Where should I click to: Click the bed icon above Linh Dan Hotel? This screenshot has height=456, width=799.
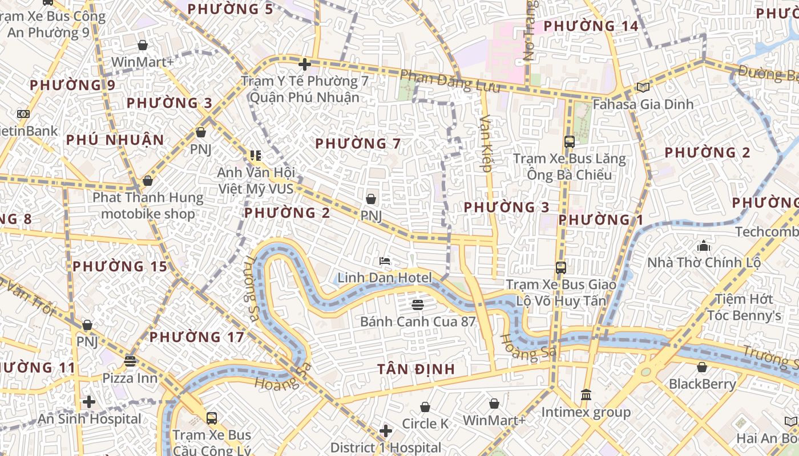coord(385,261)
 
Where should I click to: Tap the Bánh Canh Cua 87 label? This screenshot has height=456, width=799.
coord(418,321)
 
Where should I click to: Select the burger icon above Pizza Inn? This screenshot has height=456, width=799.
coord(130,361)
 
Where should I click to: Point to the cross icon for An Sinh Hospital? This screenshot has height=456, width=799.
coord(88,402)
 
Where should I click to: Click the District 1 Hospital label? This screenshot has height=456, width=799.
coord(386,447)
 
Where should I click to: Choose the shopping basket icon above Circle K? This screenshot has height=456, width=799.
coord(425,407)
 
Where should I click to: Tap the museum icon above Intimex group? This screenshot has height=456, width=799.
coord(586,394)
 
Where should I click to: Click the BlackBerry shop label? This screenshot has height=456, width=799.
coord(703,384)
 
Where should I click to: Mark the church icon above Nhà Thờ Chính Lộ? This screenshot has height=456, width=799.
coord(703,246)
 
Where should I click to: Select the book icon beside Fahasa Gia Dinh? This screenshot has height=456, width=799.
coord(643,87)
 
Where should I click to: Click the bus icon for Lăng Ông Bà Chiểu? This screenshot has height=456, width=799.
coord(569,141)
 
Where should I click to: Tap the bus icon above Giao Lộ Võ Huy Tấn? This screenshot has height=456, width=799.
coord(561,267)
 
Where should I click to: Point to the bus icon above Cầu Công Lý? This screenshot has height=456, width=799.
coord(211,418)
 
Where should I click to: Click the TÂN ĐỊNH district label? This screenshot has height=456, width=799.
coord(416,369)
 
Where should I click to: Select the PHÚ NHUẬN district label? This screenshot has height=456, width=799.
coord(115,140)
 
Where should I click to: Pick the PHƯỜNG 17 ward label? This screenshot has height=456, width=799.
coord(197,337)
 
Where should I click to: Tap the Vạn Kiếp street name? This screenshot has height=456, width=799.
coord(486,143)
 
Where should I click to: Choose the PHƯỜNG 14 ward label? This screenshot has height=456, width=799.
coord(591,26)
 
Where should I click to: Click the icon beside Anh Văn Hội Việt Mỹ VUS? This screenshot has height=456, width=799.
coord(255,155)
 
